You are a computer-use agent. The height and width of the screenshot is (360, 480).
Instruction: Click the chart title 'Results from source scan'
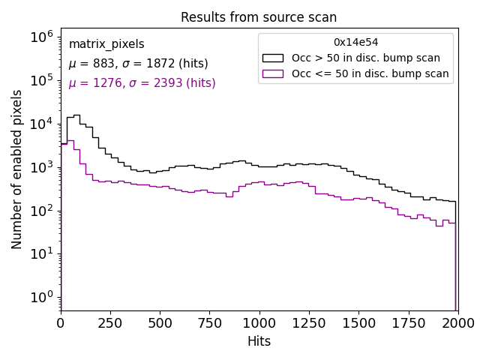(259, 17)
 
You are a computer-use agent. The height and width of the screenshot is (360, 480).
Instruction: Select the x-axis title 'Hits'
(259, 341)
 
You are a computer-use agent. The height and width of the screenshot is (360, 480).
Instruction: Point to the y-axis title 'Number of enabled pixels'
(17, 169)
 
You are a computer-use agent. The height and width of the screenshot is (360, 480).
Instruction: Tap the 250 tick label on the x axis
(110, 323)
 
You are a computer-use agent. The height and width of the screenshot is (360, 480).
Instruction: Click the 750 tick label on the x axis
(209, 323)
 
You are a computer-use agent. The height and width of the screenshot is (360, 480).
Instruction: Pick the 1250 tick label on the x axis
(308, 323)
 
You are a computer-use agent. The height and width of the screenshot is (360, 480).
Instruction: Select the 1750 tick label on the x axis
(408, 323)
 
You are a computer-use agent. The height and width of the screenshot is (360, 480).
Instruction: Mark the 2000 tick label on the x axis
(457, 323)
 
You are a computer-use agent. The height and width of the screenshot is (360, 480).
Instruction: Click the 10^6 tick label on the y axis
(41, 37)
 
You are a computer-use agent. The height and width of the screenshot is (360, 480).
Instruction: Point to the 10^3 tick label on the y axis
(41, 167)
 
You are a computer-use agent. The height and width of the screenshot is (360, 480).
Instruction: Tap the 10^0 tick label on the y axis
(41, 297)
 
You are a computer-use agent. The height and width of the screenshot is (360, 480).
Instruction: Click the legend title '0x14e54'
(355, 43)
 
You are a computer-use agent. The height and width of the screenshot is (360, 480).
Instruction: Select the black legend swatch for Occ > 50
(273, 58)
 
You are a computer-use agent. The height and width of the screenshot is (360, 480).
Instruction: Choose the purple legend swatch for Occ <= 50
(273, 73)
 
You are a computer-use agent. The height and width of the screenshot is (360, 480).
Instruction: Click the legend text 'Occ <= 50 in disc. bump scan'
(370, 73)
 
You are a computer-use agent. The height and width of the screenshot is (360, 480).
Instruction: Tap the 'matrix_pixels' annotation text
(106, 44)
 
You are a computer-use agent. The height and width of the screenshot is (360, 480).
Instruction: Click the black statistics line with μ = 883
(138, 64)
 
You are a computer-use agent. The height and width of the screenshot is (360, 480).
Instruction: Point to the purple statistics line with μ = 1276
(142, 83)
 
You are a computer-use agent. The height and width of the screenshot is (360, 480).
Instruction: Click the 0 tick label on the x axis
(61, 323)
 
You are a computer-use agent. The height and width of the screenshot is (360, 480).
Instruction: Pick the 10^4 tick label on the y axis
(41, 124)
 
